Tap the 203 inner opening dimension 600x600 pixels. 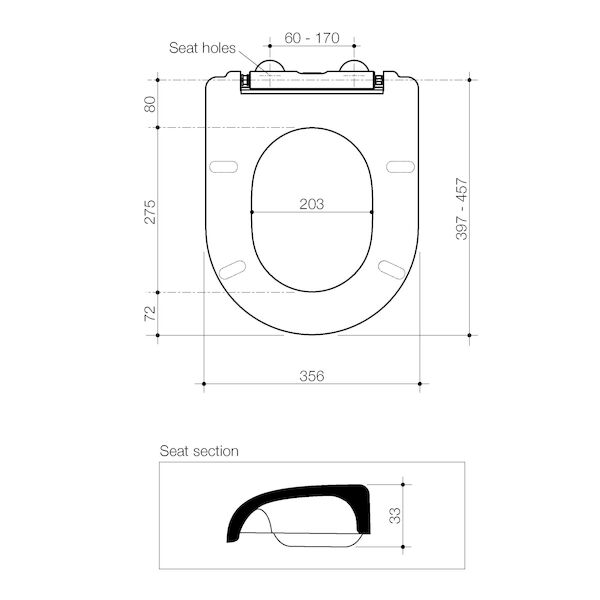(x=312, y=203)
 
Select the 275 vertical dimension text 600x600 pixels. (x=150, y=211)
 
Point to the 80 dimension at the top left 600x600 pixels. (x=150, y=103)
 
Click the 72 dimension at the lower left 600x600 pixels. (x=150, y=313)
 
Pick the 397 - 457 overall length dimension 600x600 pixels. (x=461, y=209)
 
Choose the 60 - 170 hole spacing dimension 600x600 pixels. (x=312, y=38)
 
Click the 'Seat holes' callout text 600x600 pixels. (x=201, y=47)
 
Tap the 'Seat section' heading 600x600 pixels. (x=199, y=451)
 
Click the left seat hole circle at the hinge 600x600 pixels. (x=268, y=69)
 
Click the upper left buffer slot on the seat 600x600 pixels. (x=225, y=166)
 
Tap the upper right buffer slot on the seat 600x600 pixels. (x=399, y=166)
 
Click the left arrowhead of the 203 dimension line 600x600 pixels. (x=252, y=212)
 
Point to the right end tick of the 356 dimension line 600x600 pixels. (x=420, y=384)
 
